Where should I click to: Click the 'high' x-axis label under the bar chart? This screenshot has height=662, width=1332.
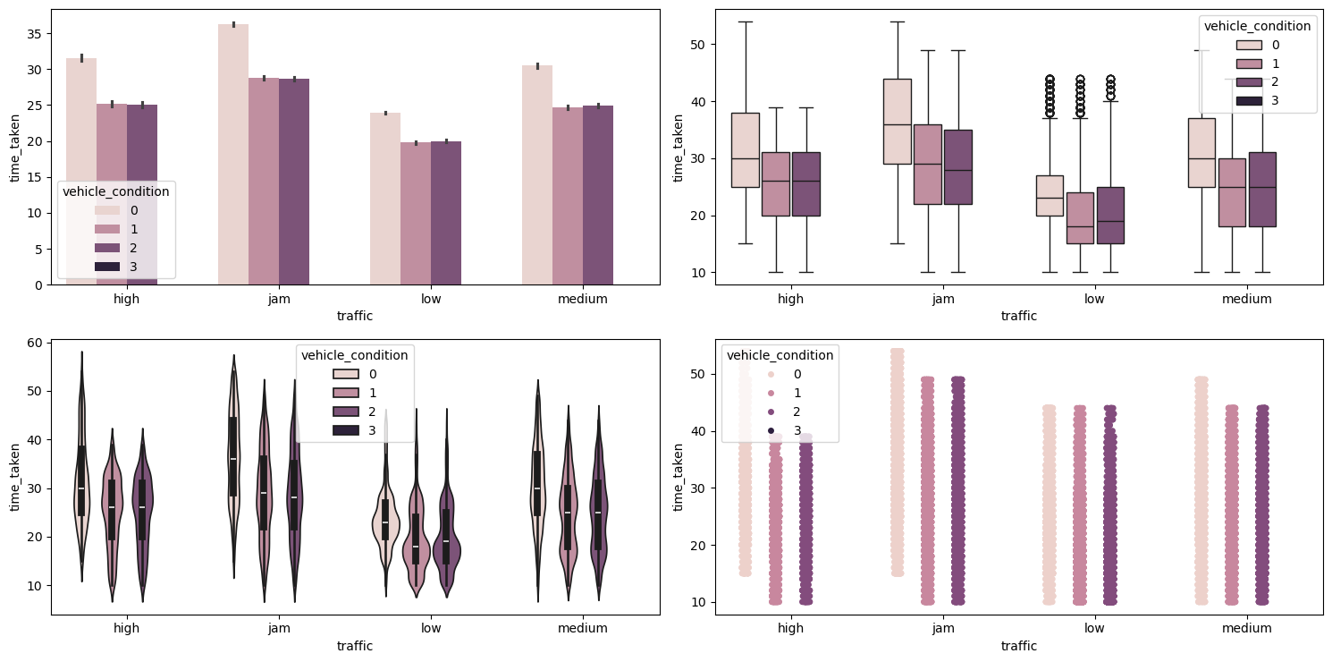tap(126, 299)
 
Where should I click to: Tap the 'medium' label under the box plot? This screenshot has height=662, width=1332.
tap(1246, 299)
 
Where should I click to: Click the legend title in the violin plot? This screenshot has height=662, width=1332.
tap(355, 355)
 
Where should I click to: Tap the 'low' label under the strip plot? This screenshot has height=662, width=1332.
tap(1093, 628)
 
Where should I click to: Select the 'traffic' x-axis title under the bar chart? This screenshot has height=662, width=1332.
tap(355, 316)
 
